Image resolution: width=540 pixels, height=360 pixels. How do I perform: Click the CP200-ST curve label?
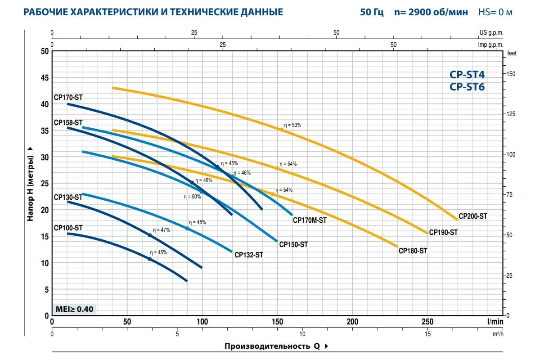coord(472,216)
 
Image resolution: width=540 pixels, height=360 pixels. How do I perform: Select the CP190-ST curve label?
coord(443,233)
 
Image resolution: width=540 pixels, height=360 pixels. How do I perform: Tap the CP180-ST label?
coord(413,251)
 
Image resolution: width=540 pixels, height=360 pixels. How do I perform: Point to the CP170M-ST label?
coord(310,220)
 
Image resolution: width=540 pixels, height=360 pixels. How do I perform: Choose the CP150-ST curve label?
coord(293,245)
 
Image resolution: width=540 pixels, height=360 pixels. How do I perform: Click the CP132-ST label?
coord(248,255)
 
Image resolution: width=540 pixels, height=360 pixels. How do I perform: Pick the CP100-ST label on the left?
coord(68,228)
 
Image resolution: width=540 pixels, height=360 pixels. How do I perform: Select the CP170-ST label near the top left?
coord(68,97)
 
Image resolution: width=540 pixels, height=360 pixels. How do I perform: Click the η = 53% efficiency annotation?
coord(292,125)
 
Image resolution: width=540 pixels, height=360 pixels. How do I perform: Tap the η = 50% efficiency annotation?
coord(192,197)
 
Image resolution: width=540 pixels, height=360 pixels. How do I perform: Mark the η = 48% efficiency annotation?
coord(198,222)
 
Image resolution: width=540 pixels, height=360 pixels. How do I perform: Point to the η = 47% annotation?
coord(162,230)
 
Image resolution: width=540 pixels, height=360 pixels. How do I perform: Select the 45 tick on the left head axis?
coord(44,78)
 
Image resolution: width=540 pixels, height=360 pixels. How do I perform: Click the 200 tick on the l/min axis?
coord(352,322)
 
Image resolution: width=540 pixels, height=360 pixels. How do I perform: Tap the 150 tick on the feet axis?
coord(511,74)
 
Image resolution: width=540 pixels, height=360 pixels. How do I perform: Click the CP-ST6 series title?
coord(467,87)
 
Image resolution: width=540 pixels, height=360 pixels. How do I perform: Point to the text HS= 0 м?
coord(495,12)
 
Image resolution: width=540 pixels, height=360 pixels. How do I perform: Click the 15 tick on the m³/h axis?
coord(427,334)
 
